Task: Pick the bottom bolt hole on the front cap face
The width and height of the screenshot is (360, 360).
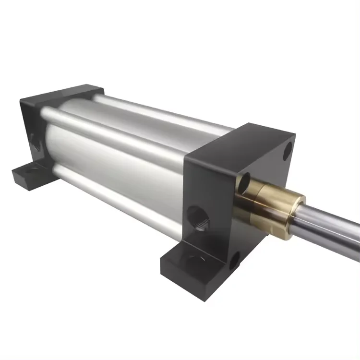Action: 233,262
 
